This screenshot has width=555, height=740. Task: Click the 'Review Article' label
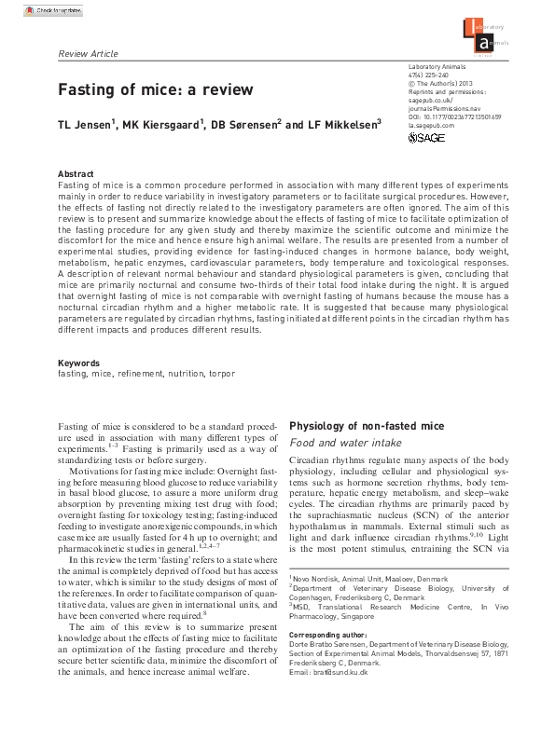point(88,53)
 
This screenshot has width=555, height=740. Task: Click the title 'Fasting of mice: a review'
point(156,90)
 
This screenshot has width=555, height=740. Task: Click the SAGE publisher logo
point(428,138)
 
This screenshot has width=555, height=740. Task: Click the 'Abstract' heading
point(76,174)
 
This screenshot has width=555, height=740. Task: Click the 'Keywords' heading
point(79,363)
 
